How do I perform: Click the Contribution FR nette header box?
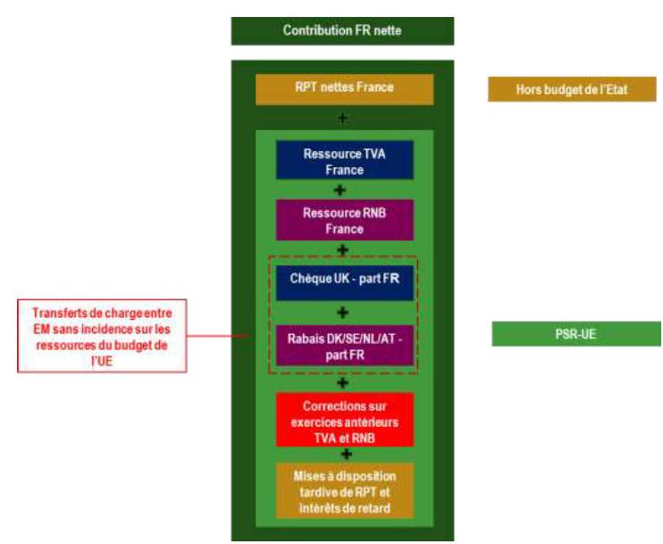342,30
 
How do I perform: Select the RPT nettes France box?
344,88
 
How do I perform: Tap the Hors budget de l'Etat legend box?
573,89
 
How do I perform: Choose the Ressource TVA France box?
344,162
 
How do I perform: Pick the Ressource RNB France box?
344,221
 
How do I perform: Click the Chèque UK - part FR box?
344,279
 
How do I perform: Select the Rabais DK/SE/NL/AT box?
344,344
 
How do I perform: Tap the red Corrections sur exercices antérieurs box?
344,420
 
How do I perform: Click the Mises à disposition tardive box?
344,490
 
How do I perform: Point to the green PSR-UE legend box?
576,333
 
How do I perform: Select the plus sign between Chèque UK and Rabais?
342,312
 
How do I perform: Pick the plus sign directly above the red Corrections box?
343,383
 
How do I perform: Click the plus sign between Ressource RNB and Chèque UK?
343,250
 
